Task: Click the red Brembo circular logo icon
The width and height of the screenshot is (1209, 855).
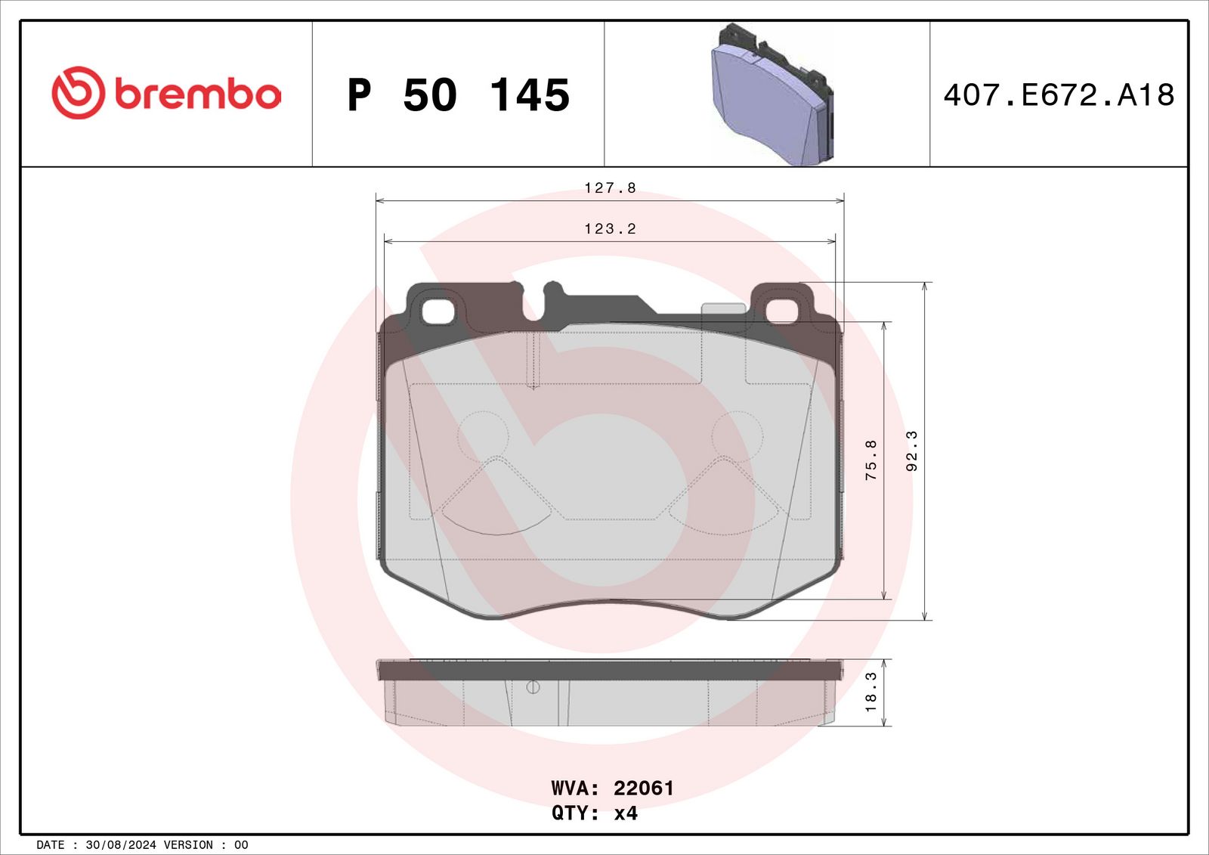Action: (x=78, y=93)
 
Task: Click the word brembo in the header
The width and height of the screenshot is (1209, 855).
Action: (x=198, y=94)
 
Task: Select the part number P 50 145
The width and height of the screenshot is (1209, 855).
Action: (x=458, y=95)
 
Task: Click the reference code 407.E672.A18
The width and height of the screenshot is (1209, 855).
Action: (x=1059, y=95)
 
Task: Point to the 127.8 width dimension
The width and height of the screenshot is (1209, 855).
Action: (x=611, y=188)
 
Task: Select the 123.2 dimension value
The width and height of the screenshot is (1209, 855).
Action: (x=611, y=229)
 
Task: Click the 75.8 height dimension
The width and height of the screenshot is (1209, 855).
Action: (x=871, y=460)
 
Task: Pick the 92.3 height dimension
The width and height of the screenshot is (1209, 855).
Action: (x=911, y=451)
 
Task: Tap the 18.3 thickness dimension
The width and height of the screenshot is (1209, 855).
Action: (x=871, y=692)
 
